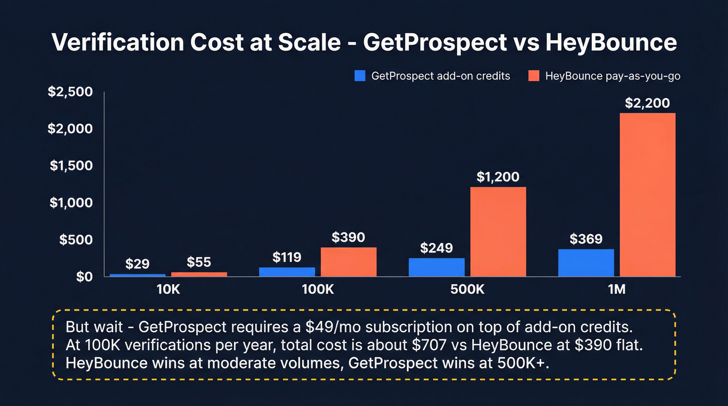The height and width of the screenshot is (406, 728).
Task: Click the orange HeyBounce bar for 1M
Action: [647, 195]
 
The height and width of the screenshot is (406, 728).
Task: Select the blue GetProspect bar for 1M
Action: [586, 263]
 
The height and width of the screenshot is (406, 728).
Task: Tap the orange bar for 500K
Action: [498, 232]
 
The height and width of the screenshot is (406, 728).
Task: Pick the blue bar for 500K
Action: [437, 267]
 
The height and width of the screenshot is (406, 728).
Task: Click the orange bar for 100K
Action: [348, 262]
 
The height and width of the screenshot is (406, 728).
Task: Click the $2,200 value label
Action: [647, 103]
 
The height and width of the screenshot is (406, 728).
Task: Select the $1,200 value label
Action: [498, 177]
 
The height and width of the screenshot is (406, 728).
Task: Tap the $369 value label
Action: [586, 239]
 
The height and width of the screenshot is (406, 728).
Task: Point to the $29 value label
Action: [138, 264]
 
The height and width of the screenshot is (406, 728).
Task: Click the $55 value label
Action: [199, 262]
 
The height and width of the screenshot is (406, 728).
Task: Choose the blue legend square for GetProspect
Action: [360, 76]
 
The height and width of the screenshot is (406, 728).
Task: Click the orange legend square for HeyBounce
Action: [534, 76]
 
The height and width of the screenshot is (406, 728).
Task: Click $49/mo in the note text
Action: [327, 328]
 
